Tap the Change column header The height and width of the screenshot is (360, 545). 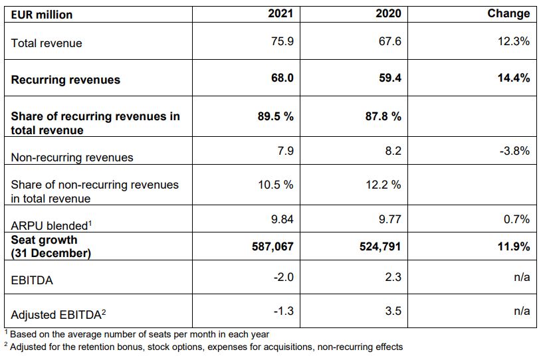[x=508, y=13]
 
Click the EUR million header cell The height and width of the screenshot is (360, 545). [x=42, y=14]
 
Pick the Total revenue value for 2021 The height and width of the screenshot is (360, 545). [x=282, y=41]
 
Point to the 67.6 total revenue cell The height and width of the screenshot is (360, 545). [x=390, y=41]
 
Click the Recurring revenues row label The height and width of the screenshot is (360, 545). [x=66, y=80]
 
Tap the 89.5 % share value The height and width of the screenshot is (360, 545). [x=275, y=116]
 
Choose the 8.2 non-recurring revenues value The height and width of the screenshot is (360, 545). [x=393, y=151]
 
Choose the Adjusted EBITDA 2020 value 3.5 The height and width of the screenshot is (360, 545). [x=393, y=310]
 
